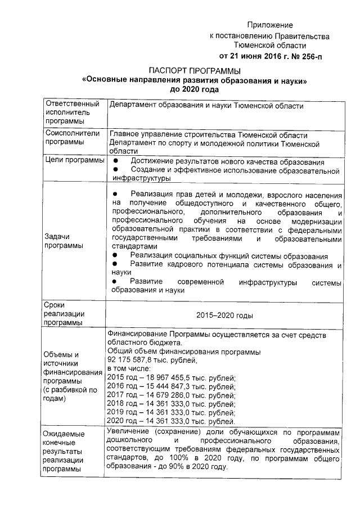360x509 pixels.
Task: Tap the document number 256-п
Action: [308, 56]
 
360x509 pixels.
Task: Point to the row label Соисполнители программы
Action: [72, 138]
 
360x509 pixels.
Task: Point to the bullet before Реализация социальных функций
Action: [115, 256]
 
